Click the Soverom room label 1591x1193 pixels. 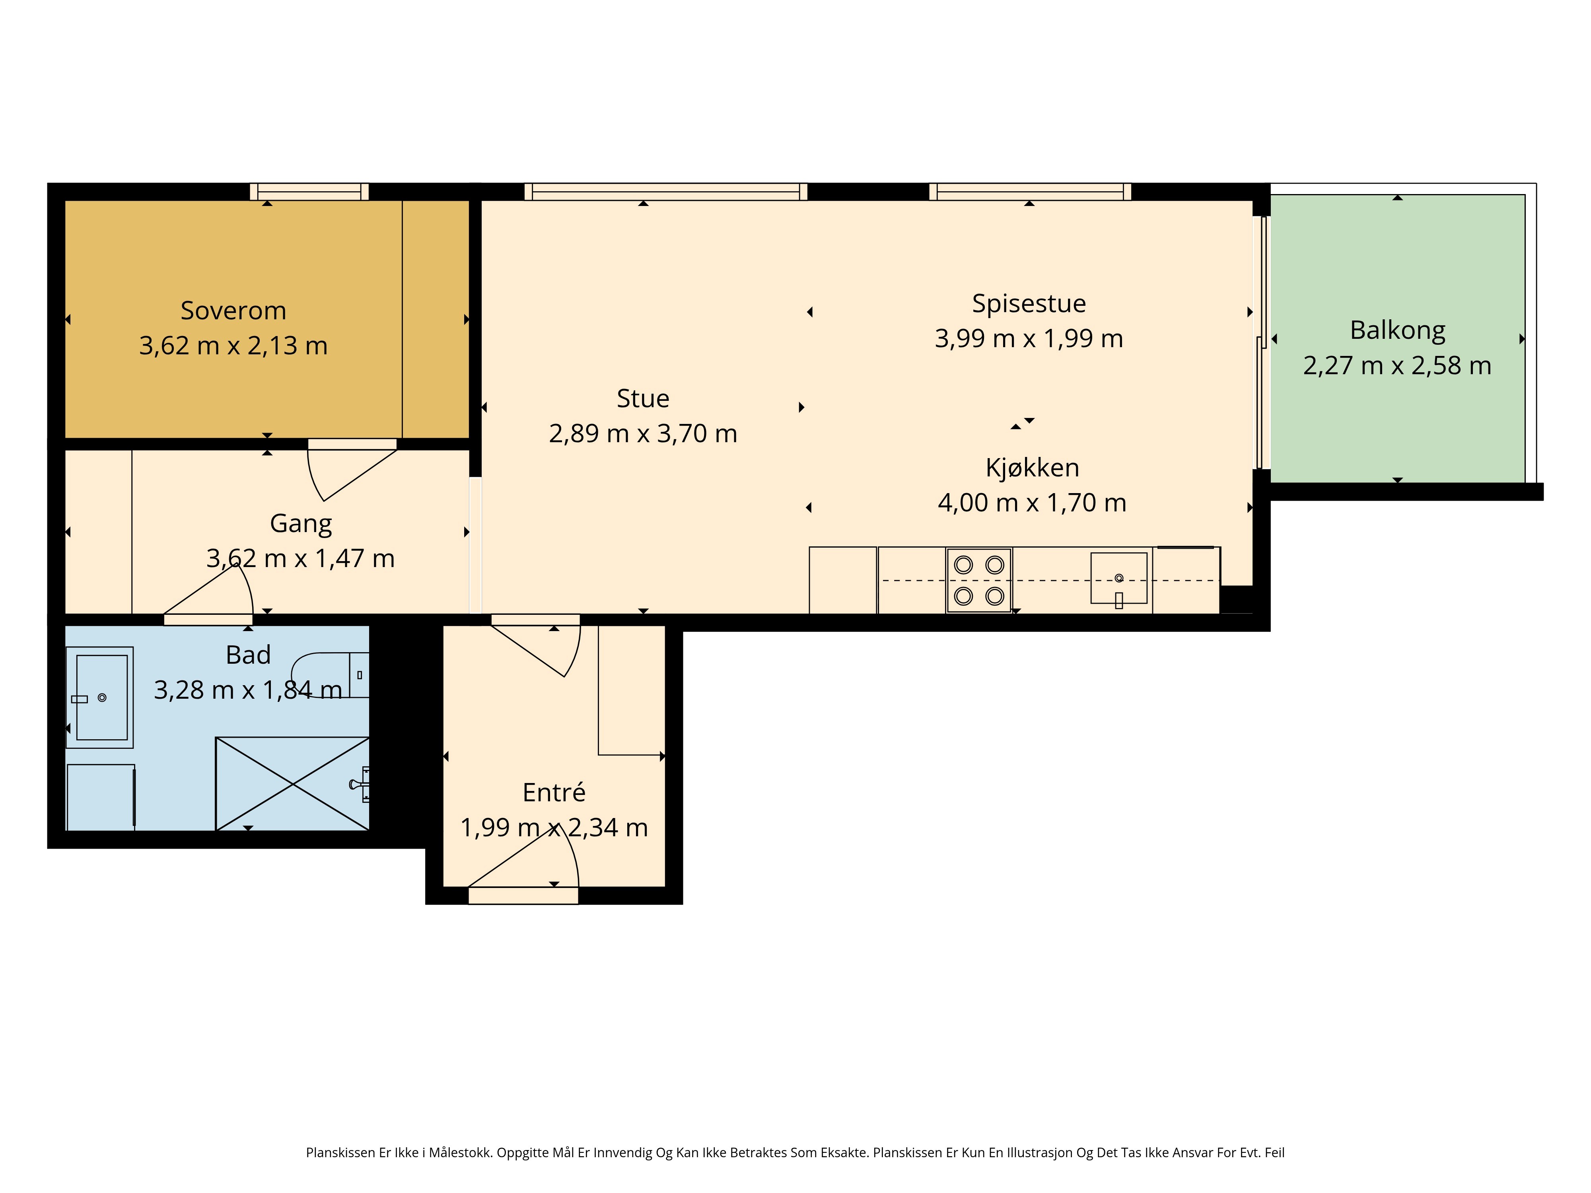pos(233,311)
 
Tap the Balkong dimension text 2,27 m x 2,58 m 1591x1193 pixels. pos(1397,365)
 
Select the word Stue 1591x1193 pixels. pos(643,398)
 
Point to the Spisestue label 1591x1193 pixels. pos(1029,303)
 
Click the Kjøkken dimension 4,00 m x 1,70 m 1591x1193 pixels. pos(1031,503)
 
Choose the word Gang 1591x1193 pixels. pos(301,523)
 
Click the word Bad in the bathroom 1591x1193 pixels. pos(248,655)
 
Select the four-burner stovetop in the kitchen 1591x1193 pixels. pos(979,580)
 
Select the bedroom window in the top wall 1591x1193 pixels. pos(309,191)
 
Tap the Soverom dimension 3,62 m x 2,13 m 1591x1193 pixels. pos(233,346)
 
